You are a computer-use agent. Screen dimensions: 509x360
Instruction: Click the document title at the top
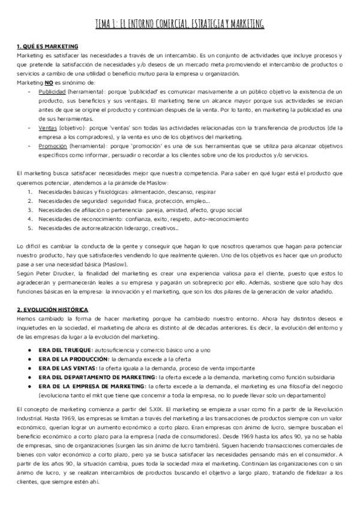(x=180, y=23)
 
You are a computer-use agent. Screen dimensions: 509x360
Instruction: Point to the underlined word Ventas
(x=47, y=128)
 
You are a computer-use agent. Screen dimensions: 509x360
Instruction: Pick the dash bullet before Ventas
(x=29, y=128)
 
